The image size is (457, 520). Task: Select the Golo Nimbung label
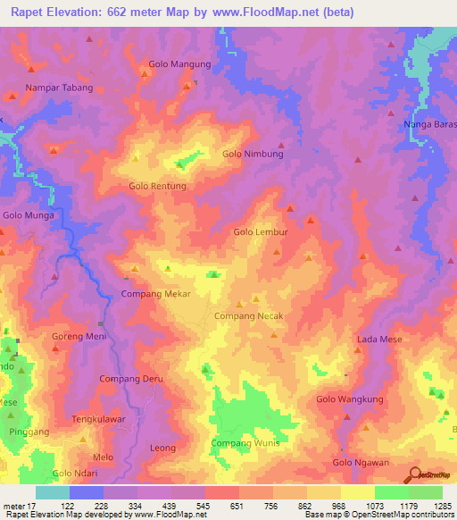[x=253, y=154]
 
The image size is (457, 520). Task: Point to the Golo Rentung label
[x=157, y=186]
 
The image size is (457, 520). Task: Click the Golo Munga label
[x=29, y=215]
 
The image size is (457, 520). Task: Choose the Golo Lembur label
[x=261, y=231]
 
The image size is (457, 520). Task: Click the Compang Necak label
[x=249, y=316]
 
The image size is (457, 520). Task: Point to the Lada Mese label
[x=379, y=340]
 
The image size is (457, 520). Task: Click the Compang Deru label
[x=131, y=379]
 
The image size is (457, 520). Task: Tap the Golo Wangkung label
[x=352, y=399]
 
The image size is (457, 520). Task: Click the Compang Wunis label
[x=245, y=443]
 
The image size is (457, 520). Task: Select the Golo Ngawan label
[x=361, y=462]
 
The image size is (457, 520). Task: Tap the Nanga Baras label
[x=429, y=124]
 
